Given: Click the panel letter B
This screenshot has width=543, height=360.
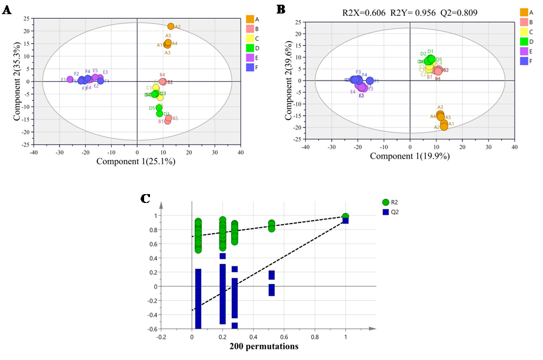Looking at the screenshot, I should coord(281,9).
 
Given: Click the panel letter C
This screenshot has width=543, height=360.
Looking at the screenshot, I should coord(145,198).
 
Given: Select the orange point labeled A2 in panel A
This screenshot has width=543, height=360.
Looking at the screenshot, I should coord(171,26).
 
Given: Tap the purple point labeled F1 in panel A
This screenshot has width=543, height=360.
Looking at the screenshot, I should coord(70,79).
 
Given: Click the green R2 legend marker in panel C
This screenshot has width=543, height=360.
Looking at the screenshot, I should coord(385,202).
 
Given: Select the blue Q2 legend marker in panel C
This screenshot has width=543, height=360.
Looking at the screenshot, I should coord(385,212).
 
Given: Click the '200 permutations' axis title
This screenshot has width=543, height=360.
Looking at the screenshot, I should coord(264,346).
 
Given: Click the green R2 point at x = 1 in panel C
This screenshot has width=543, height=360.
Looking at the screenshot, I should coord(345,216).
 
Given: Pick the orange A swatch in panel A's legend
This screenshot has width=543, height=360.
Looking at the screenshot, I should coord(249,19).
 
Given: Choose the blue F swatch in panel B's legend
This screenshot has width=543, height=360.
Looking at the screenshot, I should coord(523,61).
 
